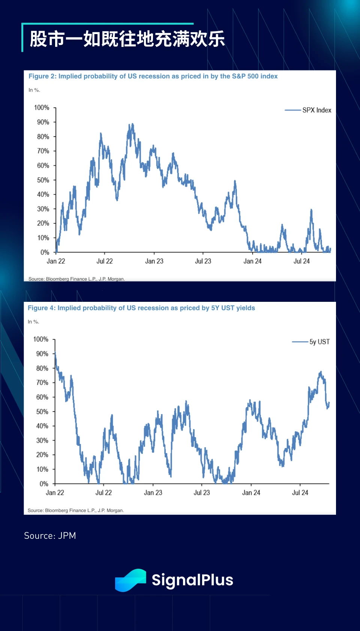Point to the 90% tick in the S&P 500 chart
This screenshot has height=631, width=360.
tap(43, 122)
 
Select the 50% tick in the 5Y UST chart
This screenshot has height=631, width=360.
tap(42, 412)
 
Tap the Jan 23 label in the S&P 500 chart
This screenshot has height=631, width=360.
tap(154, 261)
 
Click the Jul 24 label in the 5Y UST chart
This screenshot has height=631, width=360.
tap(300, 493)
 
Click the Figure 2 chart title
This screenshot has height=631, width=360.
tap(153, 76)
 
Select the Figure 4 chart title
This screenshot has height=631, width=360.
tap(141, 308)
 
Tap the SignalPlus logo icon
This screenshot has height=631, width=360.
tap(130, 580)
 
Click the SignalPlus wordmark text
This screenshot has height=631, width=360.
tap(192, 580)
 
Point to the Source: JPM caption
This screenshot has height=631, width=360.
tap(50, 536)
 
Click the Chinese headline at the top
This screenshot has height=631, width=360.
tap(127, 39)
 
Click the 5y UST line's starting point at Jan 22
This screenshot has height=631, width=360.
tap(55, 353)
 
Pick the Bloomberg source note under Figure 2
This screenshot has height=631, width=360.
tap(76, 279)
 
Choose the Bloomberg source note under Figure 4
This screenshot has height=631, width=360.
tap(76, 510)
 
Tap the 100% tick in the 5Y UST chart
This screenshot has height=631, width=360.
tap(41, 339)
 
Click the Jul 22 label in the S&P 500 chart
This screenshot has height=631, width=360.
tap(105, 261)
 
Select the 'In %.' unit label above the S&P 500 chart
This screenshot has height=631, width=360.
tap(34, 90)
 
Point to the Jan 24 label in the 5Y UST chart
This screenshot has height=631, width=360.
tap(251, 493)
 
